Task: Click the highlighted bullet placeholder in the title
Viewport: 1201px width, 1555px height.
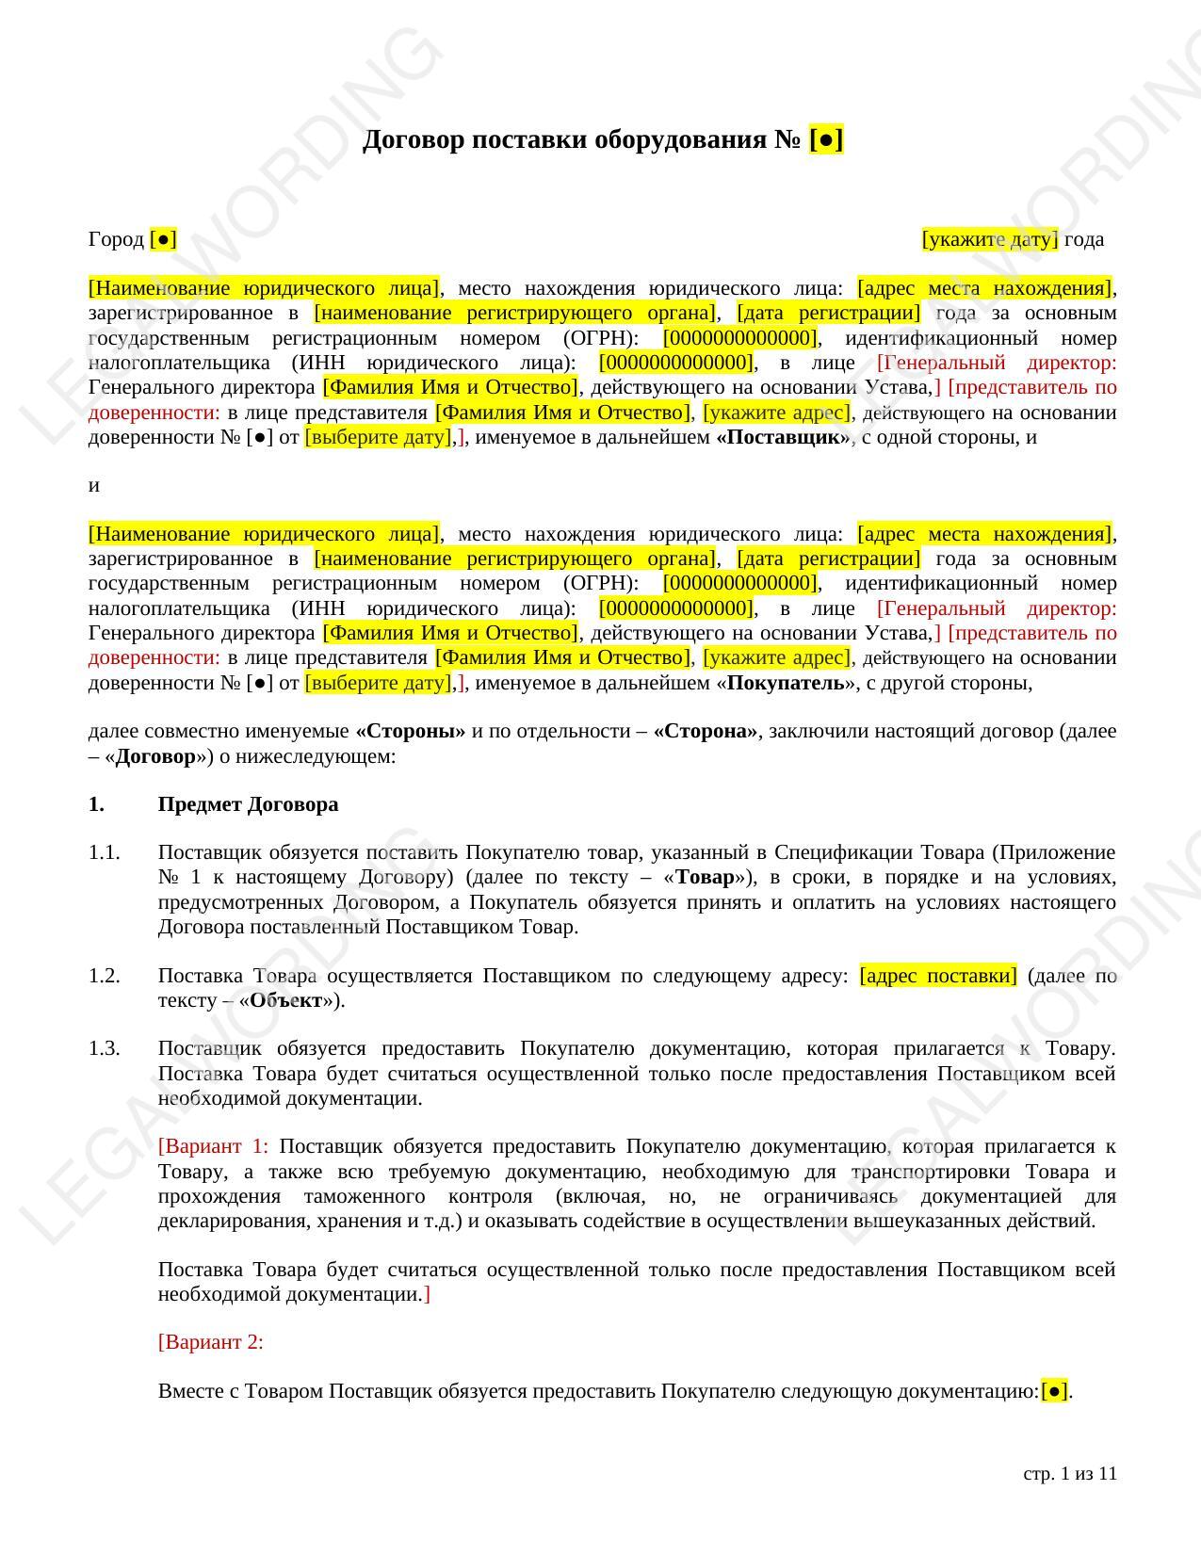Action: [x=826, y=140]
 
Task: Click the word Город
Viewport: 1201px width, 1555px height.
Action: [x=116, y=239]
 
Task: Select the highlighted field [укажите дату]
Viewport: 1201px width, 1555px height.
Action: [x=989, y=239]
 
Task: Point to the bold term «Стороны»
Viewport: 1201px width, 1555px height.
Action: [x=410, y=732]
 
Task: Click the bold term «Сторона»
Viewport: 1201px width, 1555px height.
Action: [x=705, y=732]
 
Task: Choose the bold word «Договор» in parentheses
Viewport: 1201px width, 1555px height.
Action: [x=155, y=756]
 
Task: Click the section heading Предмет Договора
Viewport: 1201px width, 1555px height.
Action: [x=248, y=804]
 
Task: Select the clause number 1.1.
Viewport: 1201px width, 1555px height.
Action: [x=105, y=852]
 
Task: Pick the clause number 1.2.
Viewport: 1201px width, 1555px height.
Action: [x=105, y=976]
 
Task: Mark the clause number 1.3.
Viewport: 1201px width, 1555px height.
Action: [x=105, y=1049]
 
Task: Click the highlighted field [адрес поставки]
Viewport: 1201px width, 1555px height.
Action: [x=938, y=976]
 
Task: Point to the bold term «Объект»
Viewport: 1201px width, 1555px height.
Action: [x=286, y=1000]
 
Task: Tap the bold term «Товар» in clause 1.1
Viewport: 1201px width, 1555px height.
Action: [x=706, y=878]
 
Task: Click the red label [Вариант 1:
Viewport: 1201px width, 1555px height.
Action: [x=213, y=1147]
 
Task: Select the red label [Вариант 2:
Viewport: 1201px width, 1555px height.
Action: [x=211, y=1342]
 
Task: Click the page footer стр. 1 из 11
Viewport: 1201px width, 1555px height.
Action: [x=1069, y=1474]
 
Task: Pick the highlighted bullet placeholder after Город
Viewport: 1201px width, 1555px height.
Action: [x=163, y=239]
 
